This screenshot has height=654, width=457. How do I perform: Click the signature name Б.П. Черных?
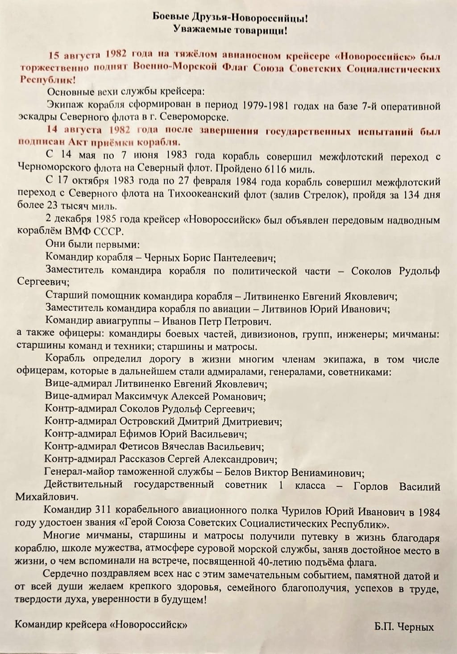point(404,627)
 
